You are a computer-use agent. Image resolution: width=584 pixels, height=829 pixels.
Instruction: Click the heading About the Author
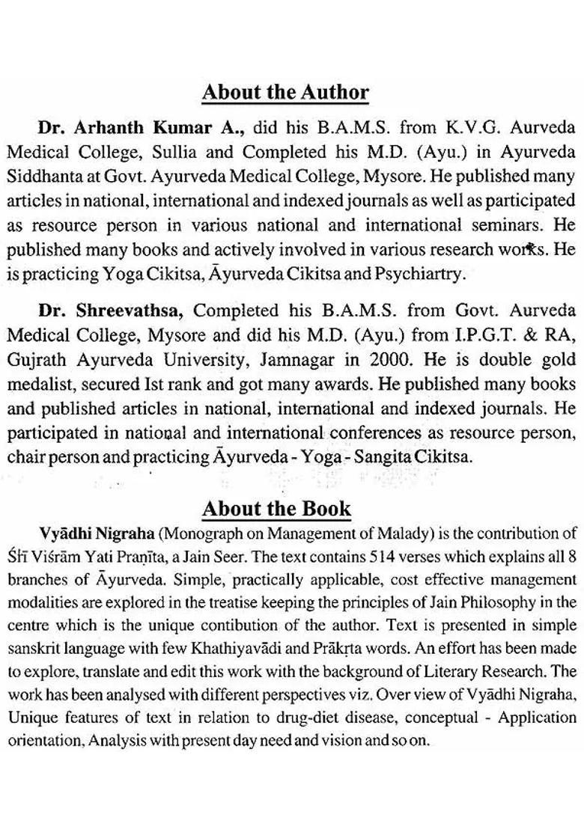[285, 93]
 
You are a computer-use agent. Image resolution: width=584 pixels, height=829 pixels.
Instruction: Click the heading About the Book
[276, 509]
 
